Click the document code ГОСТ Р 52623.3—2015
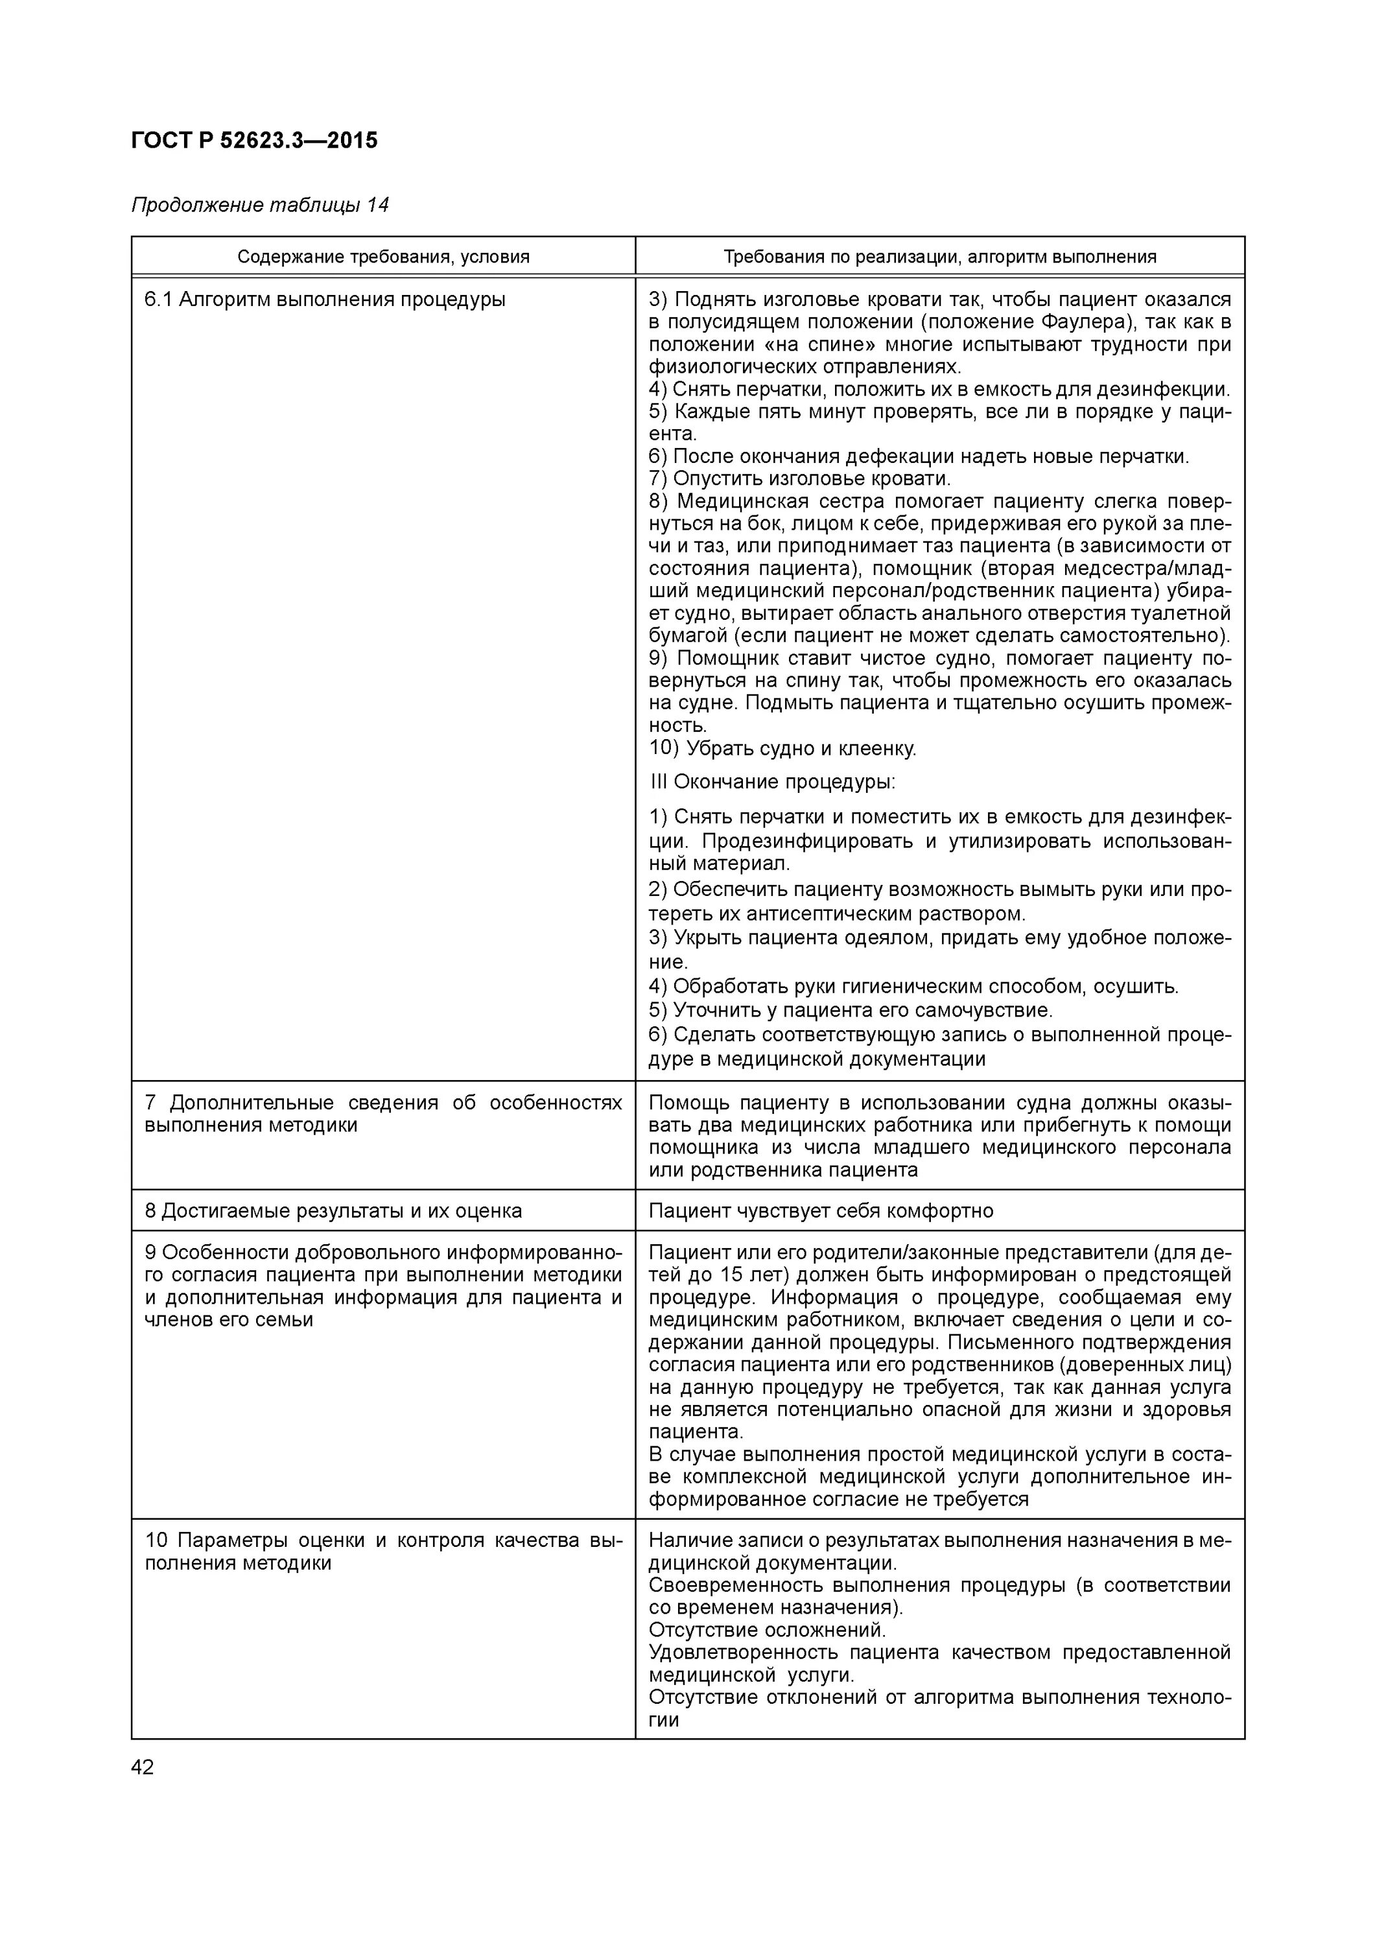(x=254, y=140)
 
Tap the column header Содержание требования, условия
(x=383, y=257)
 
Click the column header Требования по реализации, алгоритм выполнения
(x=939, y=257)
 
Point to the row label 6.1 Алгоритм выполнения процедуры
(x=325, y=300)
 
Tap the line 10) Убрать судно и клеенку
(x=783, y=748)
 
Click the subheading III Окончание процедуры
(x=772, y=781)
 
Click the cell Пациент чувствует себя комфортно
(x=820, y=1210)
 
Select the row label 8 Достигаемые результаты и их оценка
(x=333, y=1210)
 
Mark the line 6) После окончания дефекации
(x=919, y=456)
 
